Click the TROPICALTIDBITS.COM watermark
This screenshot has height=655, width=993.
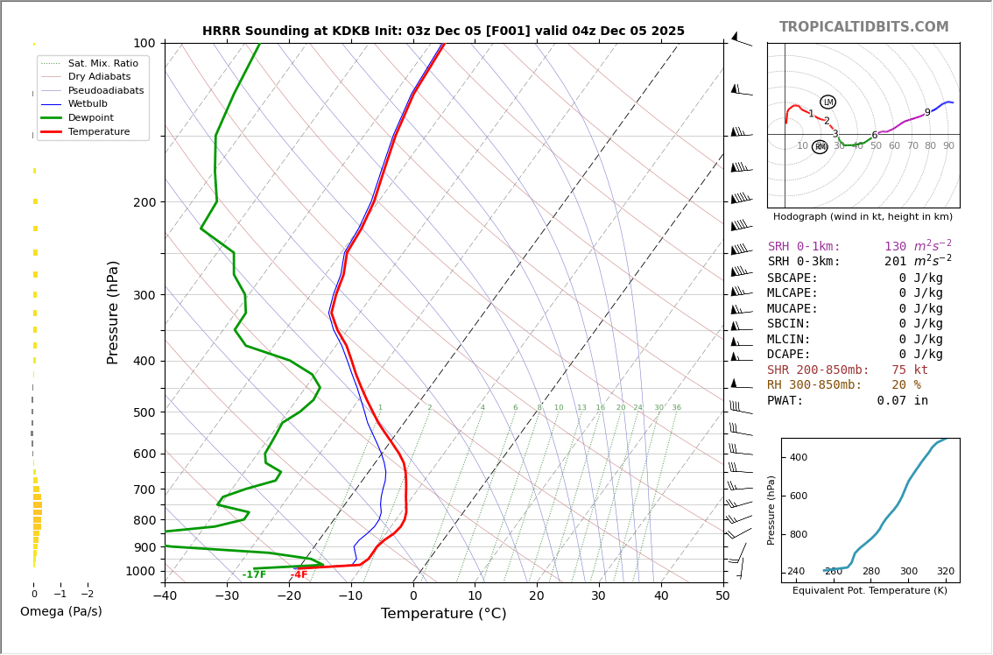point(863,27)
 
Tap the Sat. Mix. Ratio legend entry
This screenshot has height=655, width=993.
point(102,63)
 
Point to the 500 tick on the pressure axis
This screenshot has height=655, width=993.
point(144,412)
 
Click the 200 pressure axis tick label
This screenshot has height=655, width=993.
point(144,202)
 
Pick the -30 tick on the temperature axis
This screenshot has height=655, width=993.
point(227,596)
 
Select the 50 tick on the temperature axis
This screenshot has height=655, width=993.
point(722,596)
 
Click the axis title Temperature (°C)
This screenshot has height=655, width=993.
point(443,614)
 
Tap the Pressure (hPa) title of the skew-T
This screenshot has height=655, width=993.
point(113,312)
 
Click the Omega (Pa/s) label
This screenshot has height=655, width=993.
point(60,612)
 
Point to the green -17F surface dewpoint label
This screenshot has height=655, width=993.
point(254,575)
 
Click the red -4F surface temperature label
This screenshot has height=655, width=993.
point(299,575)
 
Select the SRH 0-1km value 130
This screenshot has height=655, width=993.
point(896,247)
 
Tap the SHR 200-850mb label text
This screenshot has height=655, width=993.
point(818,370)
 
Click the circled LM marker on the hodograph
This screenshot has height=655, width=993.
point(827,102)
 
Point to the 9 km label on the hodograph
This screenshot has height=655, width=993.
point(927,113)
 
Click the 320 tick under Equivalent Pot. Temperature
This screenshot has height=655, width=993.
point(946,572)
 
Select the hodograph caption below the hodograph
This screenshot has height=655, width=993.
point(863,217)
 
